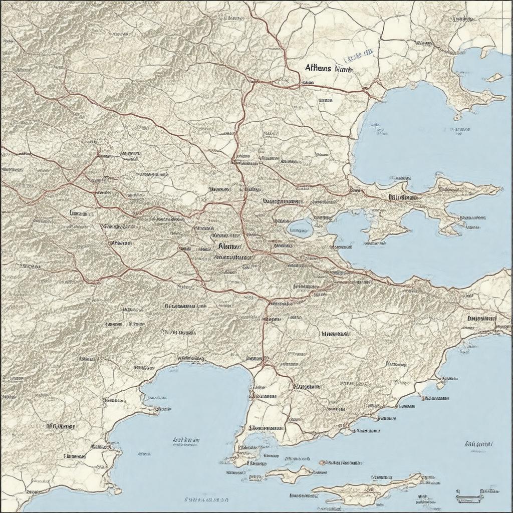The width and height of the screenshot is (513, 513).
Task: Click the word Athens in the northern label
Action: (318, 68)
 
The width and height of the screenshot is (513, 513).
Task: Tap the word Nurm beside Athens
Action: (343, 69)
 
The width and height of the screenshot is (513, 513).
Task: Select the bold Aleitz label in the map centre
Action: (230, 246)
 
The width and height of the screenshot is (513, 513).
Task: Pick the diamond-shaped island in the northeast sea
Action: (494, 77)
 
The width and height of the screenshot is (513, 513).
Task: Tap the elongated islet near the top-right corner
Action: (485, 52)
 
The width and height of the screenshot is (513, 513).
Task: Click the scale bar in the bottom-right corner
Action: (469, 496)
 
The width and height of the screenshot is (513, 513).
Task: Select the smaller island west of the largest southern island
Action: (289, 473)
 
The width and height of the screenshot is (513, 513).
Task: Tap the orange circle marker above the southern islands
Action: (323, 462)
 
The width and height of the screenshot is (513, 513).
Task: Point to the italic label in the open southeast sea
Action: (478, 444)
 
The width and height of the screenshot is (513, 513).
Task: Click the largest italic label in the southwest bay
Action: (186, 440)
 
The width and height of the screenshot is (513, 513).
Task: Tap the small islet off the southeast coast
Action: (440, 385)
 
